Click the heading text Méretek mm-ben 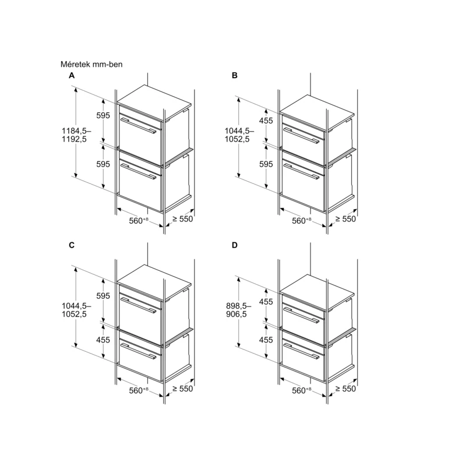[x=91, y=64]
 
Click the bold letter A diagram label [x=72, y=76]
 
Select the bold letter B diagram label [x=235, y=76]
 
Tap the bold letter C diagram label [x=72, y=245]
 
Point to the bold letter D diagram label [x=235, y=245]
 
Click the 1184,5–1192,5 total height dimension [x=76, y=135]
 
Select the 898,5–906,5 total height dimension [x=238, y=310]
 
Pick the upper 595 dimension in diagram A [x=103, y=115]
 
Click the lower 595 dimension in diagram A [x=103, y=164]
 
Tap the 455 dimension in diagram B [x=266, y=121]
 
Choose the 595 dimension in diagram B [x=266, y=164]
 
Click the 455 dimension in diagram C [x=103, y=340]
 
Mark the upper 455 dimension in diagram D [x=266, y=302]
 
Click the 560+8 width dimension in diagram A [x=139, y=221]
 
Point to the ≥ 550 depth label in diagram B [x=345, y=219]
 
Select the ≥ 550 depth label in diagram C [x=182, y=389]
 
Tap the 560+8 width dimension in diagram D [x=301, y=390]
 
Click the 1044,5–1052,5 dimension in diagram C [x=76, y=310]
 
